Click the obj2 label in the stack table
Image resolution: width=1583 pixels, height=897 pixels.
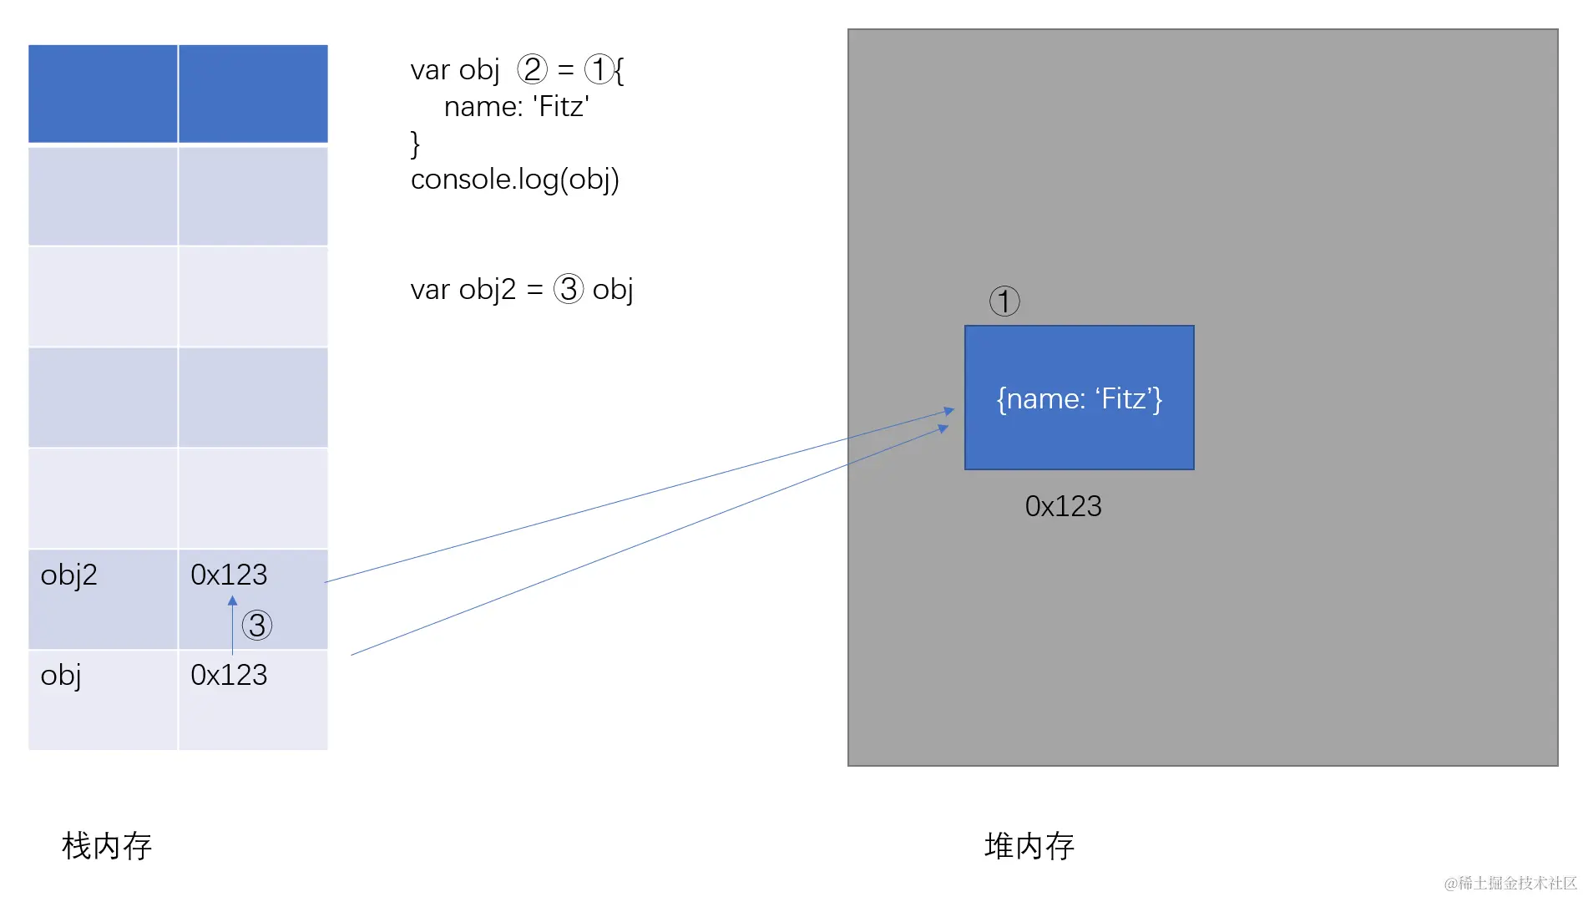(68, 575)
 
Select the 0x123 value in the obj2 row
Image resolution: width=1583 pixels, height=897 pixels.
(229, 575)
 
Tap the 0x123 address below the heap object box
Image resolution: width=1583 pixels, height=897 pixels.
(1063, 506)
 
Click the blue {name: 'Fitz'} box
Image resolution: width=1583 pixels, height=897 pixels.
(1079, 398)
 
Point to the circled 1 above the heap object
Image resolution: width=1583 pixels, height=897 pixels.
(1004, 302)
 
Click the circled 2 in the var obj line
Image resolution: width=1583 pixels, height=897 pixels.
(532, 69)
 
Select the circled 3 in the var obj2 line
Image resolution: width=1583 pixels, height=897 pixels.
(569, 290)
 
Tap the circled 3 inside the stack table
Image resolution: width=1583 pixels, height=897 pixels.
(257, 626)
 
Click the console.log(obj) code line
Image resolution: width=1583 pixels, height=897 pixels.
(514, 180)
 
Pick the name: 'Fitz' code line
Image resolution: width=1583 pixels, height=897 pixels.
(516, 107)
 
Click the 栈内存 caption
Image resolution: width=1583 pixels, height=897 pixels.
(107, 846)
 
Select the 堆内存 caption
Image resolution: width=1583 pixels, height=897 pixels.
(1029, 846)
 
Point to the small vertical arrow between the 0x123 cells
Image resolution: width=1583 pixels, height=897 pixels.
(232, 625)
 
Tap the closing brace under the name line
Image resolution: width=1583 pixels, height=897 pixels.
(415, 144)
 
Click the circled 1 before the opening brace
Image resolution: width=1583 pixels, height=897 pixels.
(599, 69)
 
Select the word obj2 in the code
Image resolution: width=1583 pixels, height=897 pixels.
(487, 290)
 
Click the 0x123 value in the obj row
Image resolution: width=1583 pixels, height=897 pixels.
(229, 675)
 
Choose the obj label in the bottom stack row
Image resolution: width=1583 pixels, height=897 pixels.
(60, 676)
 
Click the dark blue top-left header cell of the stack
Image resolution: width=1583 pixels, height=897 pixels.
(103, 94)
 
